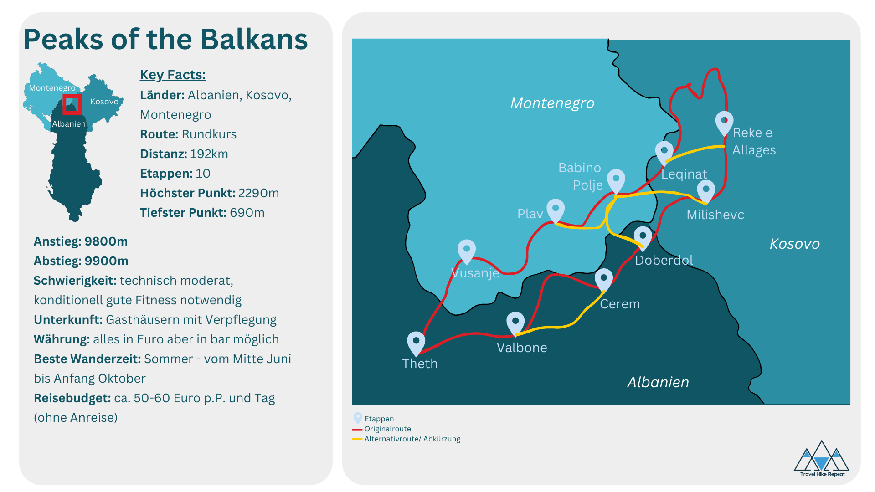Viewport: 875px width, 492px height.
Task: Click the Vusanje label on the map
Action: (475, 273)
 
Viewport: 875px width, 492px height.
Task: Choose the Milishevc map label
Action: (715, 215)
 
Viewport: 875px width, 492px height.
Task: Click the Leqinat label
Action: (684, 174)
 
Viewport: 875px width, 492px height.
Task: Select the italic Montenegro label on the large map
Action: (552, 103)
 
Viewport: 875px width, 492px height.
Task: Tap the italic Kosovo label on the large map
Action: (795, 244)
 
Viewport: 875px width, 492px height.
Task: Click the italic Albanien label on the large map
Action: (658, 382)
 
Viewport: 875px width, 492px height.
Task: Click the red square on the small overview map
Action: (72, 104)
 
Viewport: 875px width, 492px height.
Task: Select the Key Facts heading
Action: (173, 75)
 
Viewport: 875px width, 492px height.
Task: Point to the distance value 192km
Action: (209, 154)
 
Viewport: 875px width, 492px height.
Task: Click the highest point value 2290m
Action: (258, 193)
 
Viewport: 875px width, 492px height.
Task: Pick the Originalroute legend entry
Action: (381, 429)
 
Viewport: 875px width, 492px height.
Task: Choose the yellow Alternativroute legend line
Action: (357, 439)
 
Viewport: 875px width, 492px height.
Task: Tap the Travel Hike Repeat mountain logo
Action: (822, 458)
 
